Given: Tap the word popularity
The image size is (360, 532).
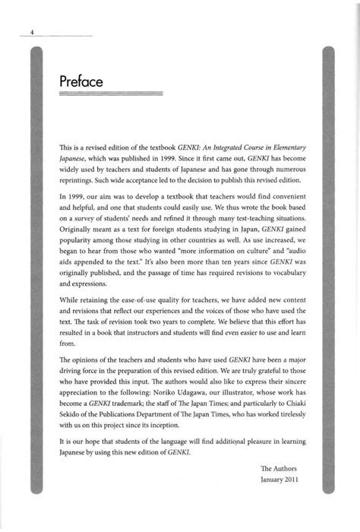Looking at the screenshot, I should pyautogui.click(x=79, y=249).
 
